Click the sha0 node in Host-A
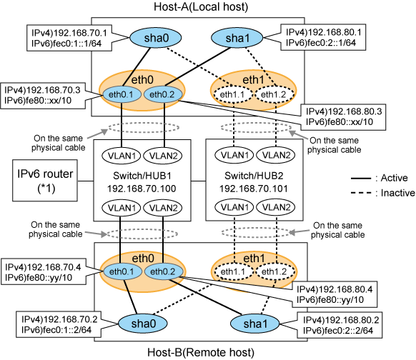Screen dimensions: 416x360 (156, 38)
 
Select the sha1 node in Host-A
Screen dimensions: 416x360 (237, 38)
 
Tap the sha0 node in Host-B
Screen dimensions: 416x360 (143, 324)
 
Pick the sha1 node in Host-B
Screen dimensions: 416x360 (255, 324)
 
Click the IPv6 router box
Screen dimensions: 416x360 (45, 180)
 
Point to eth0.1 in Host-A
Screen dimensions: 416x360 (122, 94)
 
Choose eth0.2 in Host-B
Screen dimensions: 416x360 (163, 271)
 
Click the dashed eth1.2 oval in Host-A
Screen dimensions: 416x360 (274, 94)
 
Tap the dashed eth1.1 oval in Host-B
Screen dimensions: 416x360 (234, 271)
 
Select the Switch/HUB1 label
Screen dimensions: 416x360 (142, 176)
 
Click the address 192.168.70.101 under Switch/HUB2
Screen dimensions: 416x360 (254, 189)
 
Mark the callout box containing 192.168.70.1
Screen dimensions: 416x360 (69, 38)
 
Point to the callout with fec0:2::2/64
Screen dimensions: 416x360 (340, 325)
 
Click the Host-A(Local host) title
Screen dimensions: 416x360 (201, 6)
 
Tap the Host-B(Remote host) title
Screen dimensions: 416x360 (201, 353)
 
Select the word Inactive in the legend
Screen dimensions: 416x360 (397, 193)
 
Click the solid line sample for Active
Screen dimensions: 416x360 (361, 179)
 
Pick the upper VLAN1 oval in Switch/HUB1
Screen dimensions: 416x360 (122, 156)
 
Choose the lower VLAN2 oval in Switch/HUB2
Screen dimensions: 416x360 (277, 207)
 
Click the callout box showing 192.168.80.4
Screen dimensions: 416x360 (335, 294)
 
